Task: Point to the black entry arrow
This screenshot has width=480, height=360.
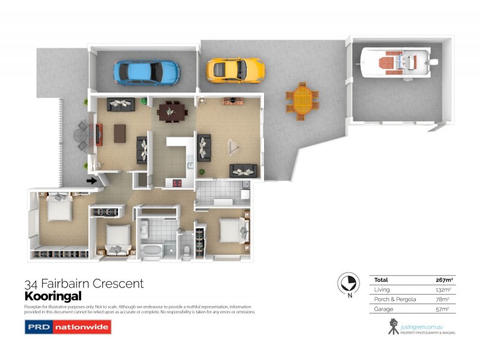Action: pos(91,180)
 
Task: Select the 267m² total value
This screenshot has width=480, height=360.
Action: pos(443,280)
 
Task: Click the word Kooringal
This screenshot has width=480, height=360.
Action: pos(53,296)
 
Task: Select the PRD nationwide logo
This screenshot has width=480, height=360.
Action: pos(67,327)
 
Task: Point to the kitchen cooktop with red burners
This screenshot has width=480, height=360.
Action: pos(178,183)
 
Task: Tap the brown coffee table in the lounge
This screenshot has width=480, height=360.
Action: pos(121,133)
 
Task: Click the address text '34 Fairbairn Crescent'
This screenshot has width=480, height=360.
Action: pos(83,284)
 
